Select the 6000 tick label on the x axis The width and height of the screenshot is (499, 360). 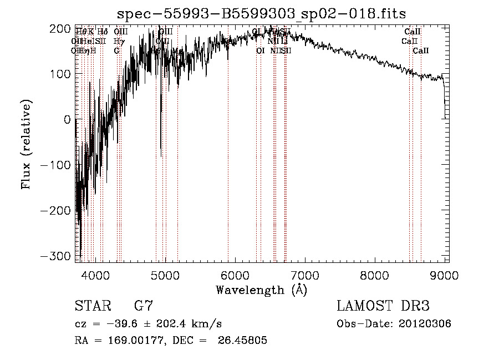click(235, 276)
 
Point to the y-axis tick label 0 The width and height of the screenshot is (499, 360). click(67, 119)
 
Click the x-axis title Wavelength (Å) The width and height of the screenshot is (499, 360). click(261, 290)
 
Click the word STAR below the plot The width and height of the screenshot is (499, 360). click(92, 306)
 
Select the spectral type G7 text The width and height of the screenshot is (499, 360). click(143, 306)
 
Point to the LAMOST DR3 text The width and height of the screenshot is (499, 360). click(383, 306)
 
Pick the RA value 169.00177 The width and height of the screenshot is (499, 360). click(129, 341)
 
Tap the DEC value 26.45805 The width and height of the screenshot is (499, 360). click(245, 341)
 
